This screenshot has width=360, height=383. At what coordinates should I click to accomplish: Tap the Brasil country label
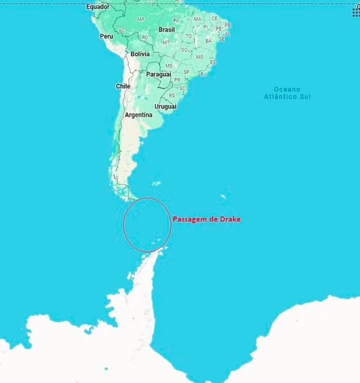[x=166, y=30]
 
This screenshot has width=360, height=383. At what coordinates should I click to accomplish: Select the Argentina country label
[x=138, y=115]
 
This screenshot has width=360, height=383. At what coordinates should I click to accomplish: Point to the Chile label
[x=123, y=87]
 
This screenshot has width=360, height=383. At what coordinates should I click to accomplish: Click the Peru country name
[x=106, y=37]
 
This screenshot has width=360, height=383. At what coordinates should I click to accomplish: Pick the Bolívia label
[x=140, y=54]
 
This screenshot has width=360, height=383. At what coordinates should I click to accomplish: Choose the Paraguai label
[x=157, y=74]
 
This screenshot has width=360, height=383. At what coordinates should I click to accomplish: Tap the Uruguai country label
[x=165, y=106]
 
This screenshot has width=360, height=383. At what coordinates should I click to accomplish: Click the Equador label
[x=98, y=7]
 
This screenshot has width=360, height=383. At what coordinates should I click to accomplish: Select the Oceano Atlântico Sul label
[x=287, y=93]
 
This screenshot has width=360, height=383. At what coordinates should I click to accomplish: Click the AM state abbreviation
[x=140, y=19]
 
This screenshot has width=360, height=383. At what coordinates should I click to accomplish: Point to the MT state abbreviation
[x=166, y=42]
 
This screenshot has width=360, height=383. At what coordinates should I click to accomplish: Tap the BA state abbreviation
[x=208, y=41]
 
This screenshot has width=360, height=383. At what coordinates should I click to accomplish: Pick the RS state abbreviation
[x=171, y=95]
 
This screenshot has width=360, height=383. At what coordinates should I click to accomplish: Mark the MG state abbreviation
[x=199, y=57]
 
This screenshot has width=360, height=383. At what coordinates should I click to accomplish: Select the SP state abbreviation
[x=186, y=72]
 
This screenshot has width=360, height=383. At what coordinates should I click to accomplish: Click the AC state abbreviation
[x=122, y=30]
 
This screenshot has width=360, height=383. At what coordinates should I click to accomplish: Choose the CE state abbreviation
[x=214, y=18]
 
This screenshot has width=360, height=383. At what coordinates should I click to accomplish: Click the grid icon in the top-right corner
[x=356, y=12]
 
